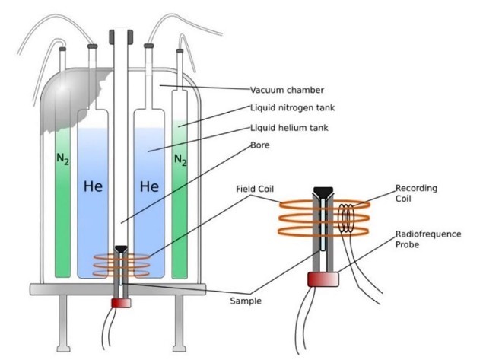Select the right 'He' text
pos(150,186)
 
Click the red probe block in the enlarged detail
pos(320,279)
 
